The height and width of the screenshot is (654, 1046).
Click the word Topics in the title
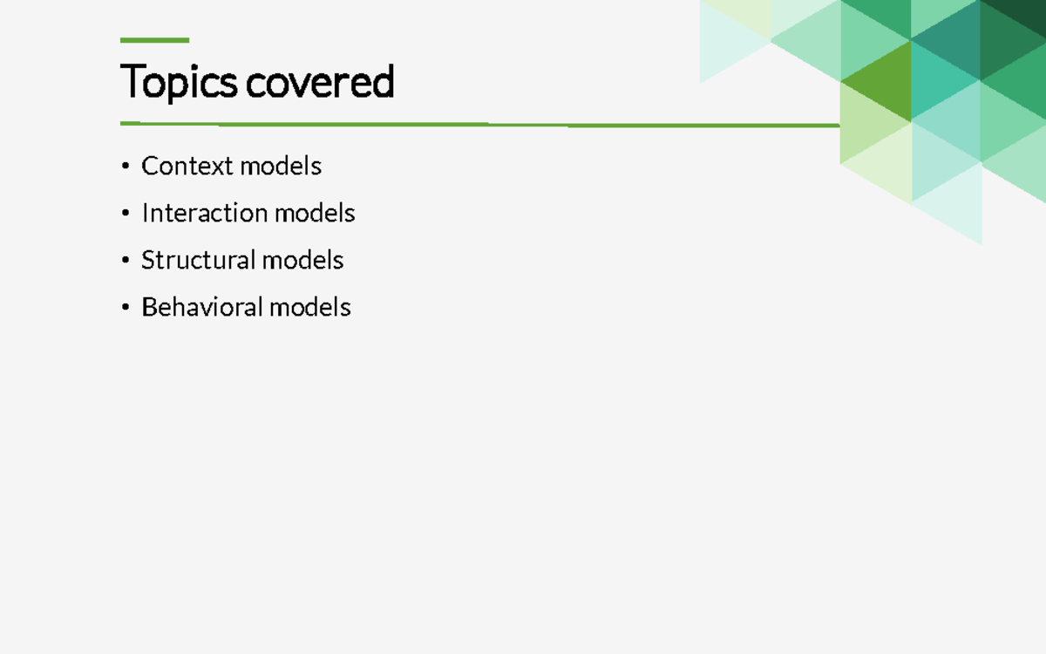coord(180,83)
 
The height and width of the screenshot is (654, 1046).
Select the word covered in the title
coord(320,83)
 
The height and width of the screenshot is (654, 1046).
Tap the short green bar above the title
coord(154,40)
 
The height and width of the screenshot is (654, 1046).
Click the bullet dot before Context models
coord(126,166)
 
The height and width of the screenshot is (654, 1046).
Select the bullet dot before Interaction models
coord(126,213)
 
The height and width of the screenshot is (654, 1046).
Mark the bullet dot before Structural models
coord(126,260)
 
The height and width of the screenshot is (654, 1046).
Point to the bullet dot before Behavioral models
coord(126,307)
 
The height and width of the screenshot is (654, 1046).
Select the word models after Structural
coord(302,260)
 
